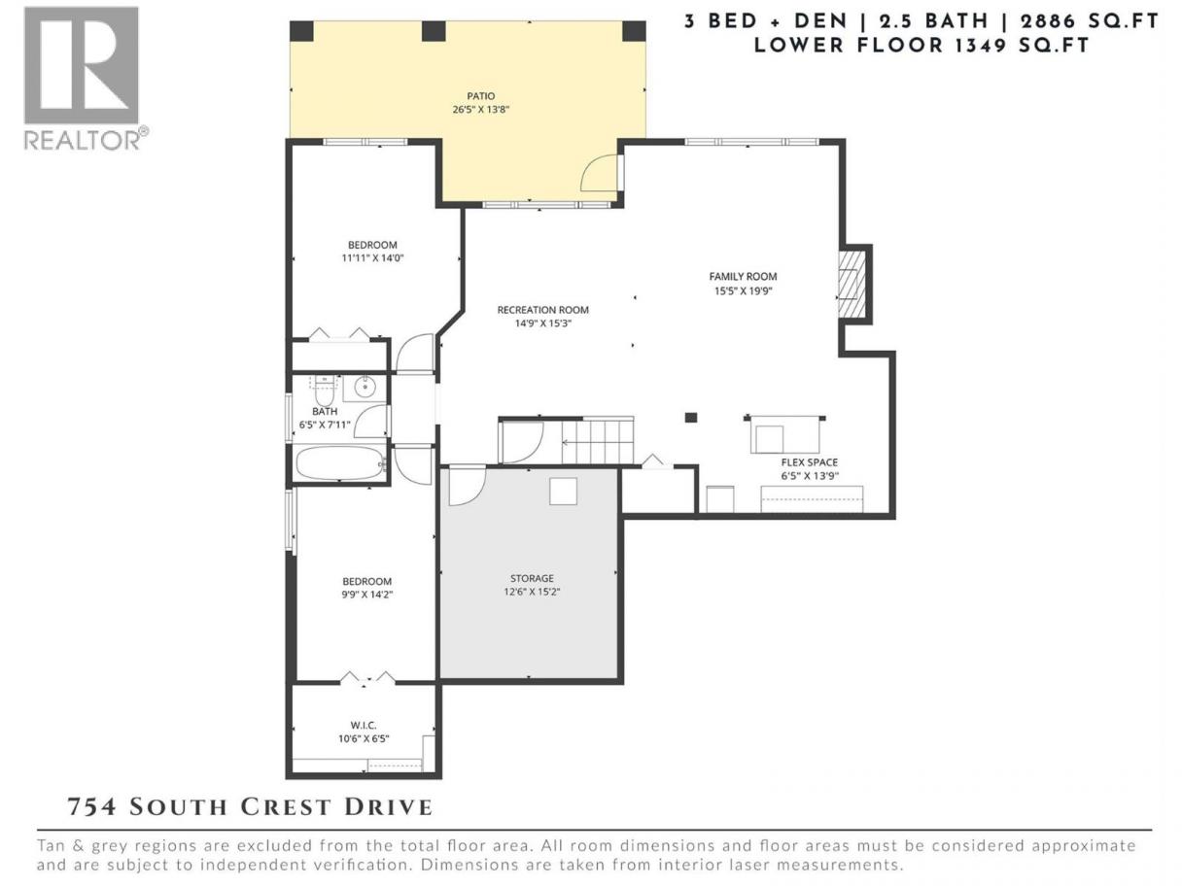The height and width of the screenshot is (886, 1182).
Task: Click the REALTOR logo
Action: coord(87,79)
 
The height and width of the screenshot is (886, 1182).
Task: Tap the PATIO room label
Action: coord(480,96)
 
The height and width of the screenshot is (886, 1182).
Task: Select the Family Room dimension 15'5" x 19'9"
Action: coord(743,291)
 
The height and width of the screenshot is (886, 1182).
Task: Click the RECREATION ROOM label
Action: coord(542,310)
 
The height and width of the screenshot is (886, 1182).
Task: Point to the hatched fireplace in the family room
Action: coord(851,284)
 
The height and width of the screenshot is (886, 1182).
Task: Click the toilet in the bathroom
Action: coord(325,392)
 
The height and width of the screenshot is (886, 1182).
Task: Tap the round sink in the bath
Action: coord(365,387)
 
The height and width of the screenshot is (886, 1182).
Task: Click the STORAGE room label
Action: coord(532,578)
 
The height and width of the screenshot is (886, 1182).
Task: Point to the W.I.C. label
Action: coord(363,726)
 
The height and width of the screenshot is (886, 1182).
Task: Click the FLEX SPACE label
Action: coord(809,462)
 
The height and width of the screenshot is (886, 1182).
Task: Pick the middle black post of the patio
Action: coord(434,31)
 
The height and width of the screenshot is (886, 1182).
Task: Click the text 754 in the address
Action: coord(92,807)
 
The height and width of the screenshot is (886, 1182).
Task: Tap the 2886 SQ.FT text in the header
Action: coord(1087,21)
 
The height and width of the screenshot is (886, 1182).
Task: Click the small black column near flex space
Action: coord(690,417)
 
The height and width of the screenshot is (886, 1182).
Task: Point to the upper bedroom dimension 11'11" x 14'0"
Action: coord(372,257)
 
